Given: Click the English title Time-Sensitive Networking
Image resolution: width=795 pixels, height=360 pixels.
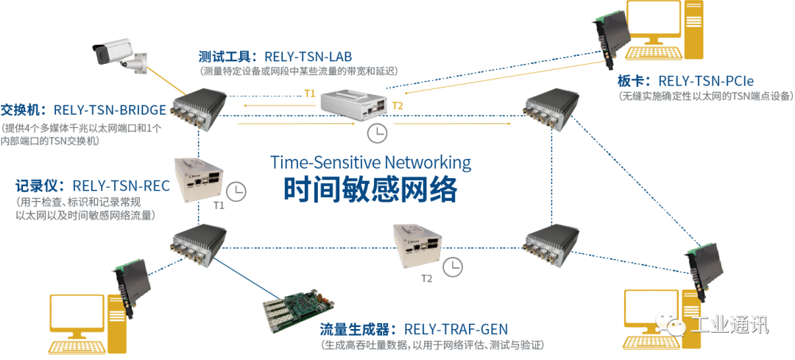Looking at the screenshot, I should click(371, 162).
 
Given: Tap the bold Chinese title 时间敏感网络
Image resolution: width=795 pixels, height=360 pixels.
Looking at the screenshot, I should click(371, 189).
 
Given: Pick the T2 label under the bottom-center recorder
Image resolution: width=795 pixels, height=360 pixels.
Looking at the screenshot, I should click(426, 278).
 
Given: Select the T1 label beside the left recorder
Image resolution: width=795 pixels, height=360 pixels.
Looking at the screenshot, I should click(218, 205).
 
